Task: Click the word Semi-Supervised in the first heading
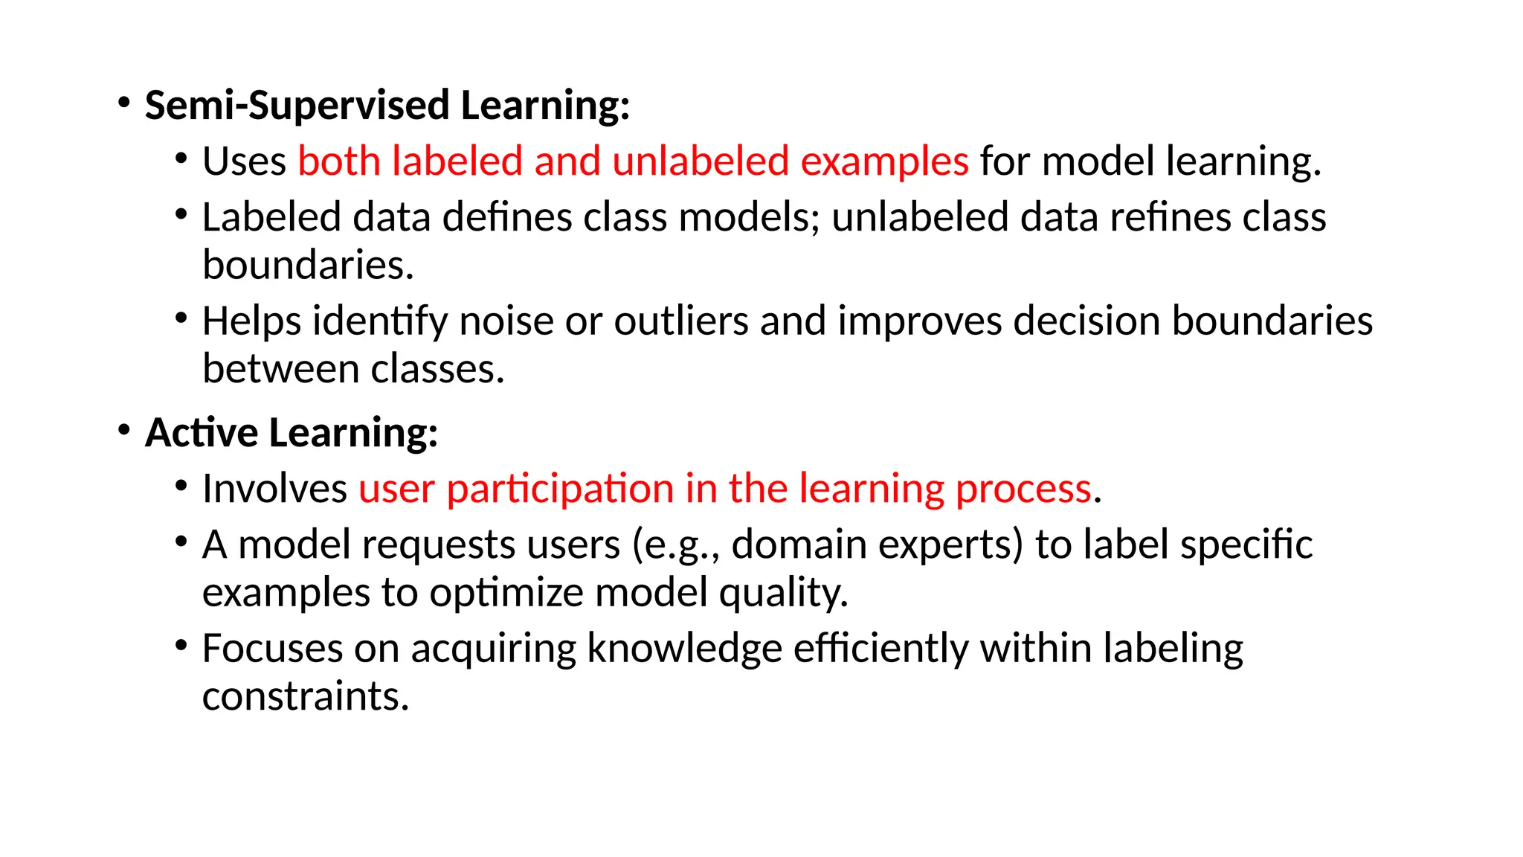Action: point(297,106)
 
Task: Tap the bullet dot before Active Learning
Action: point(124,430)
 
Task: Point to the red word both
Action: point(339,161)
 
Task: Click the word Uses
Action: point(244,161)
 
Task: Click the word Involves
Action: point(274,490)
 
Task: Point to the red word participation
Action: point(559,490)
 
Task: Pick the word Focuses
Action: point(272,649)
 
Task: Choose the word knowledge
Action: point(684,649)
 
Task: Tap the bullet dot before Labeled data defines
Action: point(181,215)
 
